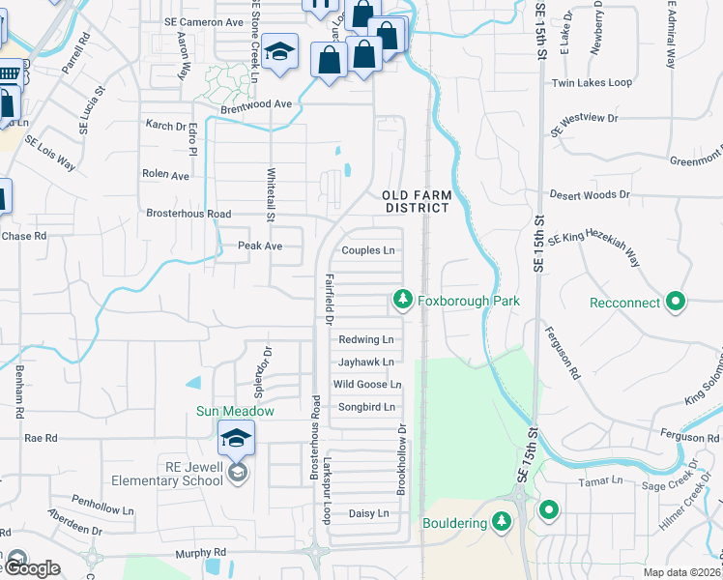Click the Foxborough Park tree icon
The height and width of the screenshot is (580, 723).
(x=403, y=302)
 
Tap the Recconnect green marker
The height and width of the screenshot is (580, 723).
(x=676, y=303)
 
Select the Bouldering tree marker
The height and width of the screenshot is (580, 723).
(x=501, y=523)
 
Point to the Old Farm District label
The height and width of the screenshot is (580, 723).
(x=416, y=201)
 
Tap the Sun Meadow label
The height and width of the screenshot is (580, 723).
(x=236, y=411)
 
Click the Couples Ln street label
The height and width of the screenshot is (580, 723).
(x=368, y=250)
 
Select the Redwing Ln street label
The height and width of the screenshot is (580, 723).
(x=365, y=339)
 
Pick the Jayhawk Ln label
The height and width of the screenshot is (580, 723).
(x=365, y=362)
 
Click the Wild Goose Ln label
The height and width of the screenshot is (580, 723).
(x=366, y=385)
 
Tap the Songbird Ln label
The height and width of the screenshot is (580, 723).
(x=367, y=408)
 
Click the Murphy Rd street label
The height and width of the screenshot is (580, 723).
(x=201, y=553)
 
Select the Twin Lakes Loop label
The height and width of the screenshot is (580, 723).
(x=592, y=83)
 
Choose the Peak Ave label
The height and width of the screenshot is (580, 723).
(x=260, y=246)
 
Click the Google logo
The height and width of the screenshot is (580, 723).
(x=31, y=568)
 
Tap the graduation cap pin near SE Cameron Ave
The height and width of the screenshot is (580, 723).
(x=279, y=52)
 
